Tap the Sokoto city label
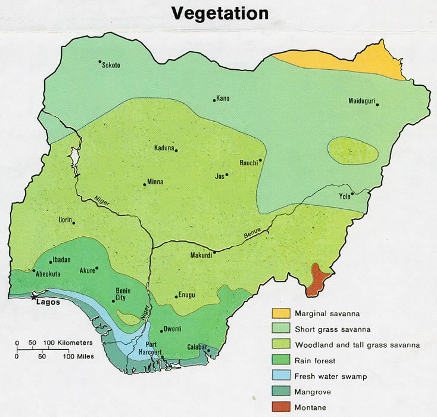tap(111, 65)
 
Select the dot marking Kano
tap(214, 100)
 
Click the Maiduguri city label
tap(361, 101)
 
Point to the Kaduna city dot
tap(176, 150)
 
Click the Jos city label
tap(220, 176)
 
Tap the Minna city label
tap(155, 183)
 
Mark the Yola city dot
tap(352, 193)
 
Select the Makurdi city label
tap(201, 256)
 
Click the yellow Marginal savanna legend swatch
tap(282, 313)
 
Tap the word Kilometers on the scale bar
tap(76, 342)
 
